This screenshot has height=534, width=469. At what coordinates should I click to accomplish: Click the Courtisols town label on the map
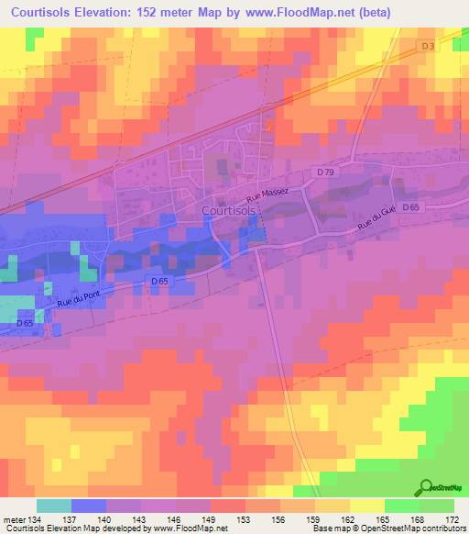228,210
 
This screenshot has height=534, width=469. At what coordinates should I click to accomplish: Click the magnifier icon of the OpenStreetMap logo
426,488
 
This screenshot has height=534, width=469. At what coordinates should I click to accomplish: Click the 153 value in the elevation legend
245,519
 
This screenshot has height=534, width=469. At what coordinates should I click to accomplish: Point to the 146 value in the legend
176,519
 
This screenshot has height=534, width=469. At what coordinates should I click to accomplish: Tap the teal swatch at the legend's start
53,506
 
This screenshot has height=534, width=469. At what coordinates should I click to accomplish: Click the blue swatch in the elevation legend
88,506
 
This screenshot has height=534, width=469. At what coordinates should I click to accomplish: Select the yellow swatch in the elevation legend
366,506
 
